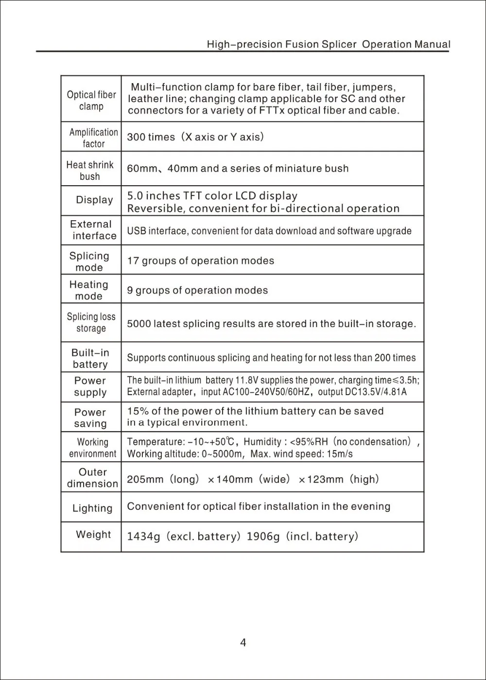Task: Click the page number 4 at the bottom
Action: click(x=243, y=643)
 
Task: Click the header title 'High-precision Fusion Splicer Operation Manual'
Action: click(x=329, y=44)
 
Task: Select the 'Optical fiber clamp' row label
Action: click(x=91, y=101)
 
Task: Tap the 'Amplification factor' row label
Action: click(x=93, y=138)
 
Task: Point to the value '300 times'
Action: click(x=151, y=137)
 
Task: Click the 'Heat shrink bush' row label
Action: click(x=90, y=171)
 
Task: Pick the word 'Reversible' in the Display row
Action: click(x=155, y=209)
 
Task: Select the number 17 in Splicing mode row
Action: click(x=133, y=261)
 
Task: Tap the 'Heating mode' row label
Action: click(x=89, y=290)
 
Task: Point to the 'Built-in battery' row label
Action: click(x=90, y=359)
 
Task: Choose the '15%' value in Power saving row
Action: click(x=137, y=411)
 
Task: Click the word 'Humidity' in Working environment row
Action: click(x=262, y=442)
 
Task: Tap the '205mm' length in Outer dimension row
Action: click(x=145, y=480)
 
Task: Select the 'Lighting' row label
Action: click(x=92, y=508)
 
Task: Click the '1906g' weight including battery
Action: click(x=263, y=537)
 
